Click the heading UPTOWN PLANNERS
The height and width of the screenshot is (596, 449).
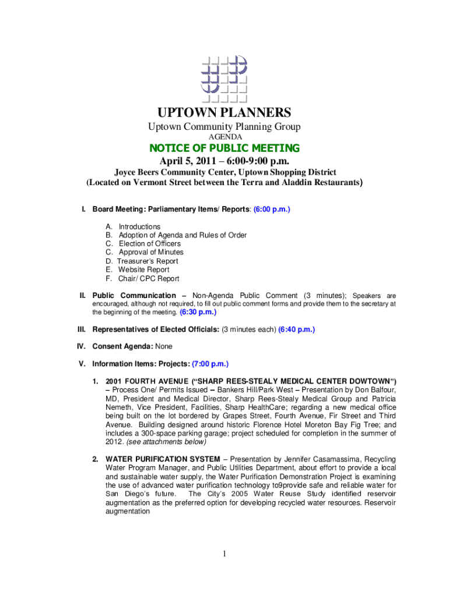tap(224, 112)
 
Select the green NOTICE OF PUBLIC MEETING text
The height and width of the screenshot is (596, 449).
tap(224, 148)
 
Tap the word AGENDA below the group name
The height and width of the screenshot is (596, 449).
tap(224, 137)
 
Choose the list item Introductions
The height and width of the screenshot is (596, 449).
tap(139, 226)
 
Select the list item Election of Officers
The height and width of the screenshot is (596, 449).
tap(150, 244)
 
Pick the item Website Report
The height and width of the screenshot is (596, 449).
tap(143, 270)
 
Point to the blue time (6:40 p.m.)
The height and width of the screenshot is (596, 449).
tap(296, 329)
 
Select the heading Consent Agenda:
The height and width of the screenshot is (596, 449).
tap(122, 347)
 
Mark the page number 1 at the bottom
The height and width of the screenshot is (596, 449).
tap(224, 554)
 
